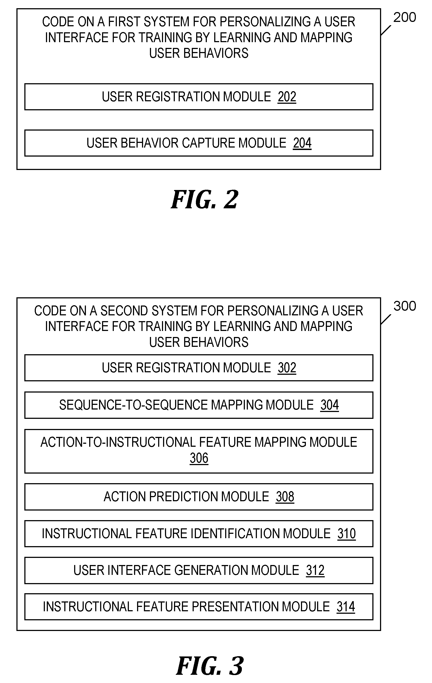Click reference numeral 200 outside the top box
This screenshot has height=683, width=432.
404,17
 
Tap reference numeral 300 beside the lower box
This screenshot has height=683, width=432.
404,306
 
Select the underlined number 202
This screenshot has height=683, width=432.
287,97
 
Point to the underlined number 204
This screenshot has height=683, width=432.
302,143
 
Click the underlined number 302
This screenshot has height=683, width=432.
287,368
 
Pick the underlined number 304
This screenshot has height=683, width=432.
330,405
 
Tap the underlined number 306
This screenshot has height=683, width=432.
199,458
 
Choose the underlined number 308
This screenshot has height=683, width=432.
285,497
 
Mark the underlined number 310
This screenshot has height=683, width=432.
346,534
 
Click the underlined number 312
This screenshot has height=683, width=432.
315,570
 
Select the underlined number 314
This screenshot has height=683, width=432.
346,607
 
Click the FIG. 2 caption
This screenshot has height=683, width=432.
204,200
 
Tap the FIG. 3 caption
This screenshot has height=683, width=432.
210,666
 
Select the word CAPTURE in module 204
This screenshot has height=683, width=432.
209,143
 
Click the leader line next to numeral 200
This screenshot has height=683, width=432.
386,30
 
